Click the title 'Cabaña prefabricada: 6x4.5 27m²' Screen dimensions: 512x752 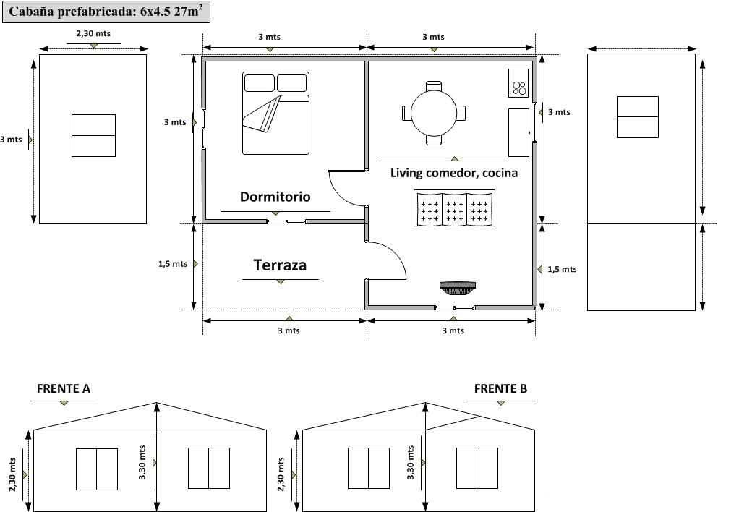pos(106,12)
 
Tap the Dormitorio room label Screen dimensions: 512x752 pos(275,197)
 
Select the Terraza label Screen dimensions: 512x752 pos(280,265)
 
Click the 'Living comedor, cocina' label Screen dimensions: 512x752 pos(453,173)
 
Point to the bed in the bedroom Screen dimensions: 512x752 pos(275,113)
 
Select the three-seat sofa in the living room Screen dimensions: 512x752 pos(454,208)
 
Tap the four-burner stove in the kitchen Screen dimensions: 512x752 pos(519,82)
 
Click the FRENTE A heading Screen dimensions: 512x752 pos(64,389)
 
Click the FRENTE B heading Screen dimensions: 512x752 pos(500,389)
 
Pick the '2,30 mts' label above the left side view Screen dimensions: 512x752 pos(93,33)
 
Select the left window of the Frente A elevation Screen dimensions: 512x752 pos(97,469)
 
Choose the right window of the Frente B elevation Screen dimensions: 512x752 pos(477,468)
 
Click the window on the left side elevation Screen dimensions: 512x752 pos(93,135)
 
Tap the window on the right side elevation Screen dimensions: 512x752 pos(637,117)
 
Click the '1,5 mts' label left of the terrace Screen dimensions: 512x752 pos(172,264)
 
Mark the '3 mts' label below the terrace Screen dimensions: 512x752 pos(289,330)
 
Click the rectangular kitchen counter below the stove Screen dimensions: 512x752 pos(518,132)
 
